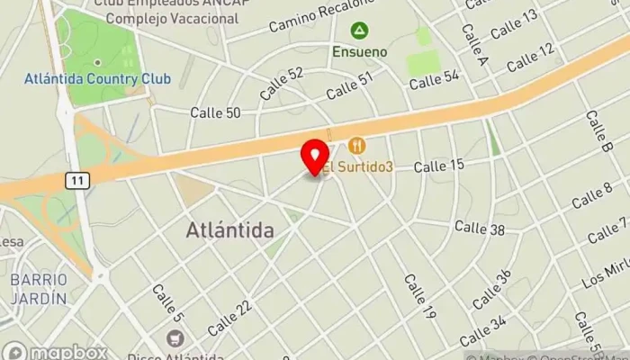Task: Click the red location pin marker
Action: point(315,157)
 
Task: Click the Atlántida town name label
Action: point(230,230)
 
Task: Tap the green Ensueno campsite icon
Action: point(359,31)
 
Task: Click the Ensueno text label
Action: point(359,51)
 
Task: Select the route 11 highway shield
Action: point(77,181)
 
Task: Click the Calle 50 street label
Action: point(215,112)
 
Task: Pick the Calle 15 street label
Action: point(438,166)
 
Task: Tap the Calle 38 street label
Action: point(480,228)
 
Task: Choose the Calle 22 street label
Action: point(229,319)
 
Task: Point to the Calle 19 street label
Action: point(419,298)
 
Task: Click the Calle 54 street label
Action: point(434,80)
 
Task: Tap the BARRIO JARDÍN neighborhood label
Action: point(39,288)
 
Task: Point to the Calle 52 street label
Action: point(282,84)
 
